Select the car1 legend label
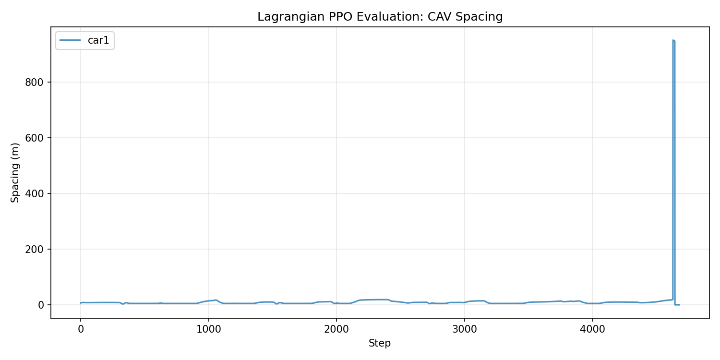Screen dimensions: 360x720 (98, 41)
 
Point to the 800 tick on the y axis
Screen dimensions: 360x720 (35, 82)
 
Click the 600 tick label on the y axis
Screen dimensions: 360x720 (35, 138)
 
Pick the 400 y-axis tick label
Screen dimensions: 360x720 (35, 193)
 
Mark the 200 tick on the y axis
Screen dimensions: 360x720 (35, 249)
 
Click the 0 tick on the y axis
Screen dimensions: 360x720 (41, 305)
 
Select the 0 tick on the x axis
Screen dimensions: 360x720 (81, 329)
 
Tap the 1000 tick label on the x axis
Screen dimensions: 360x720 (208, 329)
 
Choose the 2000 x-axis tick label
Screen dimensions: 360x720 (336, 329)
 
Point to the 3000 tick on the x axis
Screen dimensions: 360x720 (464, 329)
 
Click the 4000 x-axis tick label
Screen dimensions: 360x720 (592, 329)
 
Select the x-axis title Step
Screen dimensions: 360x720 (380, 343)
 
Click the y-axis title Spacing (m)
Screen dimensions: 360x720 (15, 172)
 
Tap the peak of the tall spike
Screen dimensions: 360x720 (673, 40)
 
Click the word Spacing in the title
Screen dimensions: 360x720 (481, 17)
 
